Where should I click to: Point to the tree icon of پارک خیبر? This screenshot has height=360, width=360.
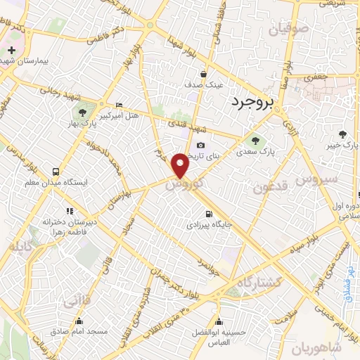pyautogui.click(x=342, y=134)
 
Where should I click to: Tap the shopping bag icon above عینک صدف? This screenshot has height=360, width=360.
pyautogui.click(x=204, y=74)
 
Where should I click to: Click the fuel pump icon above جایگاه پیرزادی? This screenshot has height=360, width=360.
pyautogui.click(x=207, y=214)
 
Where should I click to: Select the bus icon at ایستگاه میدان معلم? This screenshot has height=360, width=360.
pyautogui.click(x=56, y=172)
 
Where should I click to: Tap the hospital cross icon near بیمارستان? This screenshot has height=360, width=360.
pyautogui.click(x=12, y=50)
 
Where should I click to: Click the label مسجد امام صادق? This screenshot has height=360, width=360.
pyautogui.click(x=78, y=330)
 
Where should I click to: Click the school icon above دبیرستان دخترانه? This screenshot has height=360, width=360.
pyautogui.click(x=69, y=210)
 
